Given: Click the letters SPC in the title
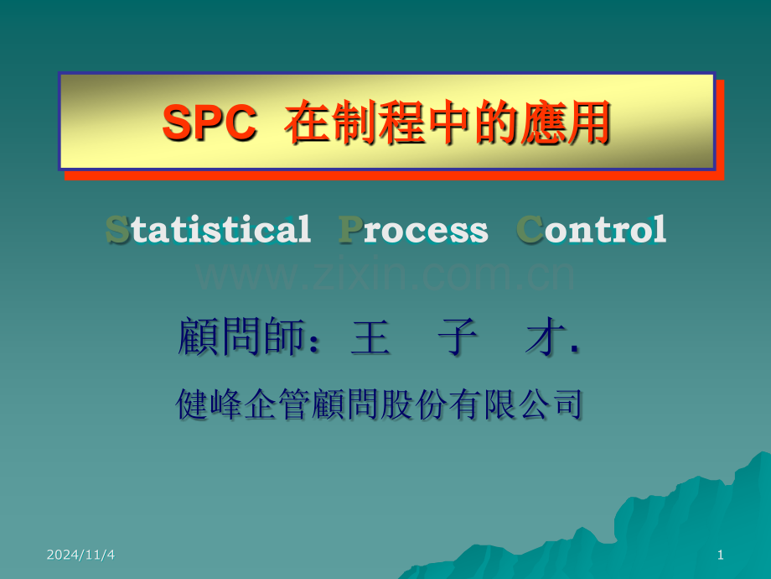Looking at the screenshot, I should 209,124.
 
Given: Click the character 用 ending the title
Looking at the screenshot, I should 587,124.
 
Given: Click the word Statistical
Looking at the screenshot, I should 208,229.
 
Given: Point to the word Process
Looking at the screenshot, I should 413,229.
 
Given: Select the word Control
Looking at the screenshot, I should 592,229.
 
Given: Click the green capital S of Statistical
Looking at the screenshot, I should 117,229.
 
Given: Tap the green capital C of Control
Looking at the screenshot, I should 529,229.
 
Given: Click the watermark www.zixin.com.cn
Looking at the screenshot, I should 385,274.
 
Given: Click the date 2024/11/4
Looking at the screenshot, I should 81,555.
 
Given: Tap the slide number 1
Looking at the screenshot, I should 721,555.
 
